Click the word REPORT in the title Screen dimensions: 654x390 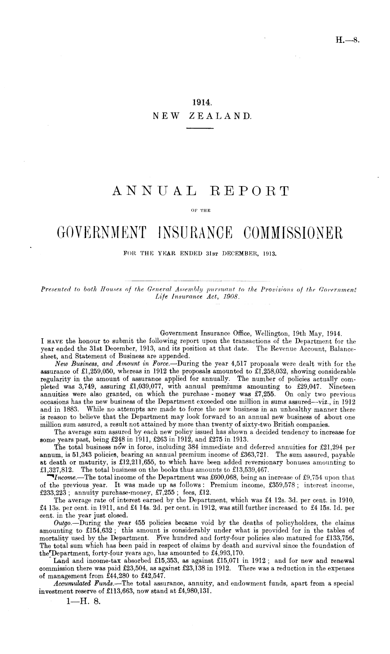tap(250, 191)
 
